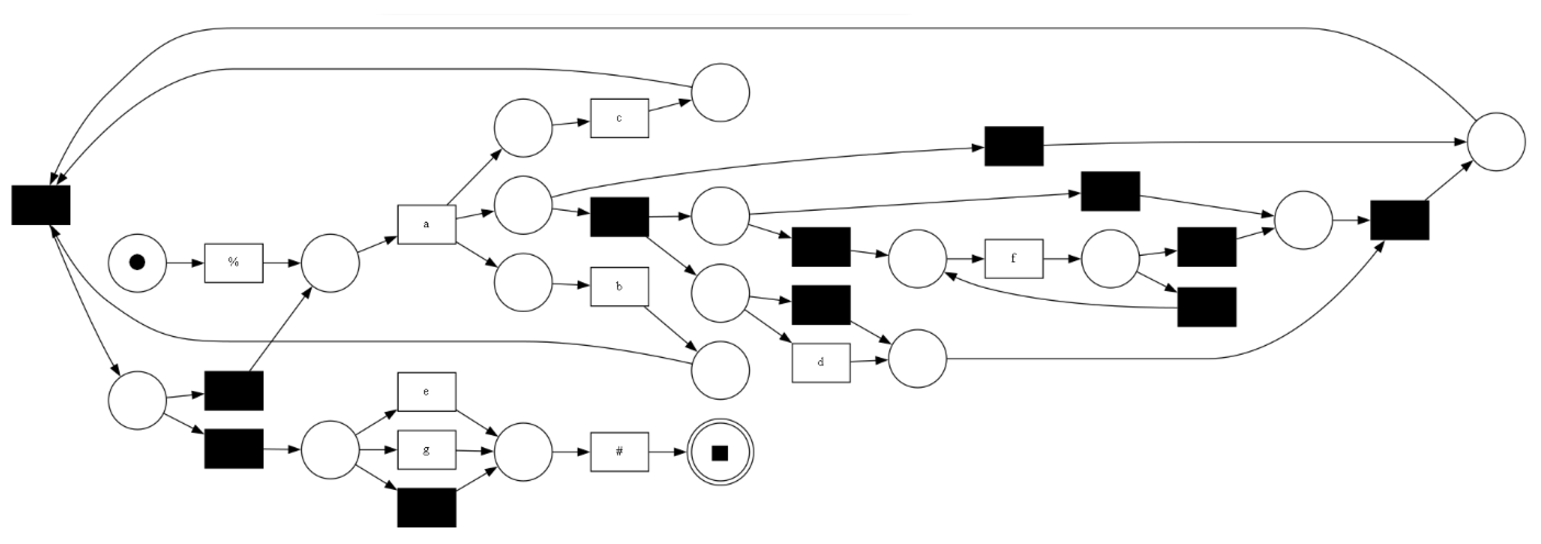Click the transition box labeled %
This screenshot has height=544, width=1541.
pos(233,263)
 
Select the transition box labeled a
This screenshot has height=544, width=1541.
pos(427,225)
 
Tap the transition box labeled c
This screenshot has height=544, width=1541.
pos(619,118)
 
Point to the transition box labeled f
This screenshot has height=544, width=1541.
pos(1013,259)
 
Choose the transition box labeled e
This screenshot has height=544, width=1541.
pos(427,392)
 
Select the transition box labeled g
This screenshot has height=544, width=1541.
pos(427,450)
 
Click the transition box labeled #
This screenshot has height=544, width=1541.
pos(619,452)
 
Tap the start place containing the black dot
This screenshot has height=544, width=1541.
pos(137,263)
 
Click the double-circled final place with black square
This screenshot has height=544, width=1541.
pos(720,452)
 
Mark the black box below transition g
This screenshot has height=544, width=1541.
pos(427,507)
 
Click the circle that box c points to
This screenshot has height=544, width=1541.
pos(720,93)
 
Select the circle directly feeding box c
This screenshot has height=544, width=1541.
pos(523,128)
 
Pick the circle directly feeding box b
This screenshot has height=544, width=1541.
pos(523,282)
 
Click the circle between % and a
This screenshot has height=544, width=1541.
pos(330,263)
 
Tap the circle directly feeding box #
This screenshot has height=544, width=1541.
pos(523,452)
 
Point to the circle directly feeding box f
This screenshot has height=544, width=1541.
pos(917,259)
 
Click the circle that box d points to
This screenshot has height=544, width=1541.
pos(917,358)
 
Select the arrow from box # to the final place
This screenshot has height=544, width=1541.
pos(667,452)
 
